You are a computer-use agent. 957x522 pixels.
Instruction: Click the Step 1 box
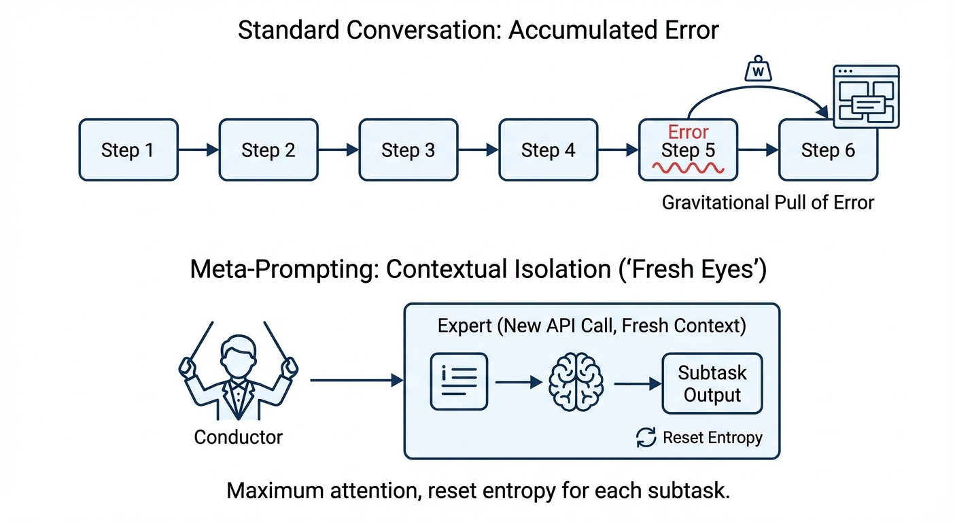coord(128,150)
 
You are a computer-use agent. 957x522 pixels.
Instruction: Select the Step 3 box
coord(408,150)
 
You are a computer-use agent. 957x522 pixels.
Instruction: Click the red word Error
coord(688,132)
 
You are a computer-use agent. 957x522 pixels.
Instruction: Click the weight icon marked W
coord(759,70)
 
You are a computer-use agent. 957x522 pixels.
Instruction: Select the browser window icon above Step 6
coord(866,97)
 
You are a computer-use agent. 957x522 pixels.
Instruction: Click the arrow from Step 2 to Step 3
coord(338,150)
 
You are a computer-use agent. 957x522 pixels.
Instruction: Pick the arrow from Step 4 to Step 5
coord(618,150)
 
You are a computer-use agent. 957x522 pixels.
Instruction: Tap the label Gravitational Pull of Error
coord(767,202)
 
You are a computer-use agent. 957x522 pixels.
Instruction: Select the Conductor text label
coord(238,436)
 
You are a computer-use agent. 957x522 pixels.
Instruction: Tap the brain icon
coord(575,383)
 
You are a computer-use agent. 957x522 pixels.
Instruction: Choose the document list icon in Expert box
coord(459,382)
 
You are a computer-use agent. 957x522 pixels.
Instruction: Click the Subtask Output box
coord(712,384)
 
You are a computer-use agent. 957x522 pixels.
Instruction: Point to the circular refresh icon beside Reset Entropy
coord(646,438)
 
